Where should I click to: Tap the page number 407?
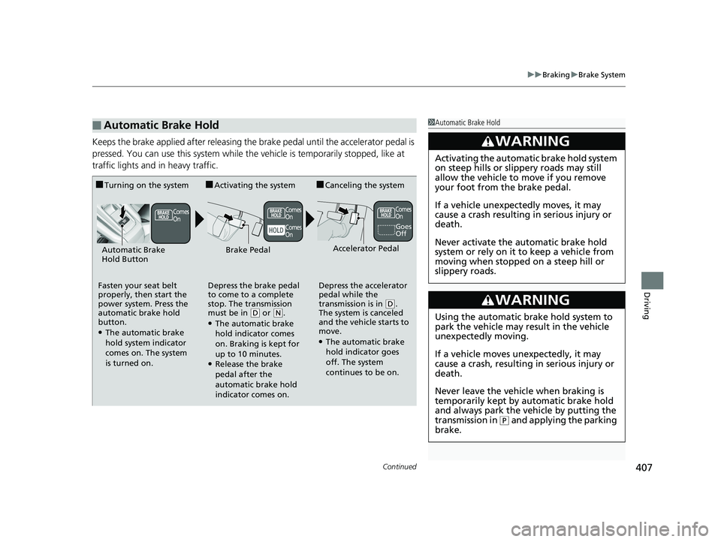[641, 470]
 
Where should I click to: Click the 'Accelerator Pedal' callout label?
[366, 248]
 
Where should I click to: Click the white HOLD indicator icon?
[275, 230]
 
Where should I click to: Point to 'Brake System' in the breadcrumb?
[602, 75]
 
